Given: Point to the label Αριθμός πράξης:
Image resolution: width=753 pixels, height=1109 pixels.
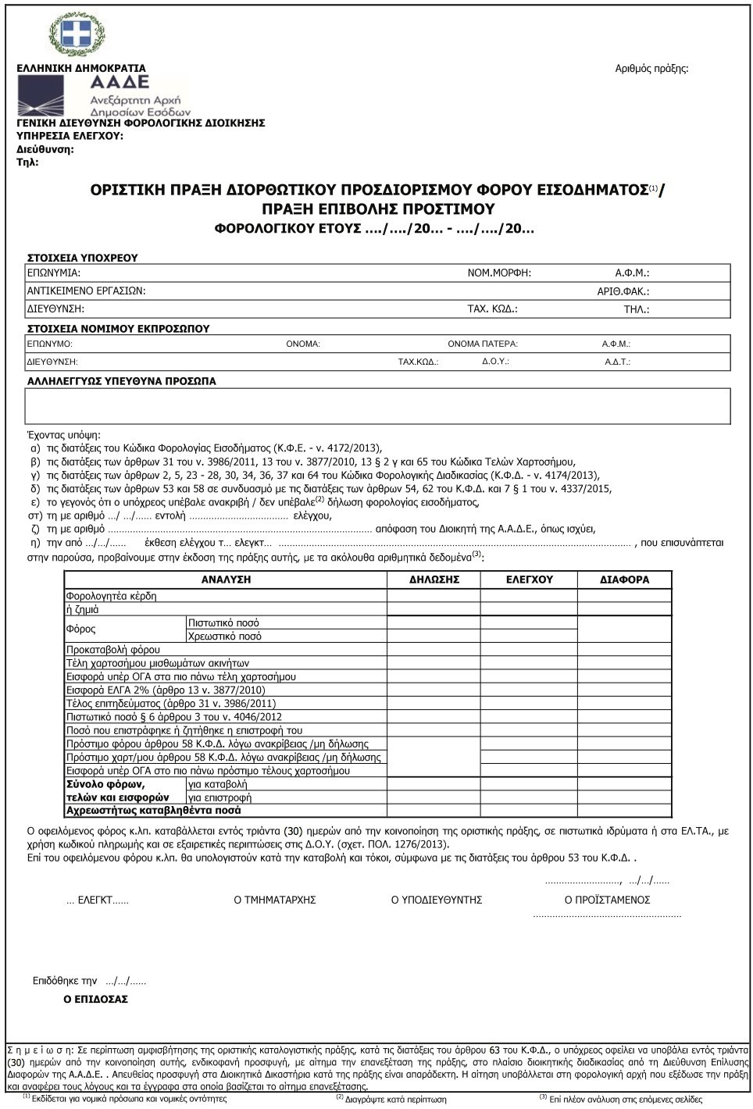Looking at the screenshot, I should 651,69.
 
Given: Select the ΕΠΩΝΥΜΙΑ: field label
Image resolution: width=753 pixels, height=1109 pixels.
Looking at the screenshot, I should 54,273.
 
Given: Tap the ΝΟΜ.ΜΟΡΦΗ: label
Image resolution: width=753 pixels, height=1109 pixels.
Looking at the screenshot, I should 499,273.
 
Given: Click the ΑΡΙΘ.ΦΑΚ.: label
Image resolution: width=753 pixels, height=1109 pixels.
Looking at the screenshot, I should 623,291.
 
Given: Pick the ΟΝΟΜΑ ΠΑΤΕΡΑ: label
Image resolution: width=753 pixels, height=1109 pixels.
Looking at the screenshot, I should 483,344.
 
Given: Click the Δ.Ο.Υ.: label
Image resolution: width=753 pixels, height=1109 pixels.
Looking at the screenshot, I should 495,361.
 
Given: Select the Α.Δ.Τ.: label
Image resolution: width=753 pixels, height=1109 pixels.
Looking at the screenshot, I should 617,362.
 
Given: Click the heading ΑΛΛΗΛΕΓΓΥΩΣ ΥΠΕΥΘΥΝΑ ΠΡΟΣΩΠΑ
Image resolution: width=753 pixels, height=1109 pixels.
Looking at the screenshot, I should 122,382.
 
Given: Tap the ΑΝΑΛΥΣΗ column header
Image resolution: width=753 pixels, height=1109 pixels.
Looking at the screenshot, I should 226,579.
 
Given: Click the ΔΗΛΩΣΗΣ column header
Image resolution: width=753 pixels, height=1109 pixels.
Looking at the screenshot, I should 434,579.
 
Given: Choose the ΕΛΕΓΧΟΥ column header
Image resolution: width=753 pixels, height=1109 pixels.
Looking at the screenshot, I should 529,579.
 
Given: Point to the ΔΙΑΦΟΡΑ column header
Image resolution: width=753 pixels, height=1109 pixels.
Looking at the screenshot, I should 624,579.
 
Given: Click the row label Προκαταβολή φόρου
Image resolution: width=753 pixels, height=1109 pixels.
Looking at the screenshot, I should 113,650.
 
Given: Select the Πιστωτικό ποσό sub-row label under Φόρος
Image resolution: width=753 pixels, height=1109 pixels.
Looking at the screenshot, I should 223,623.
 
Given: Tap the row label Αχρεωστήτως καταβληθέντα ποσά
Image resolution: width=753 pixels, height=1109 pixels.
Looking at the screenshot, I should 154,811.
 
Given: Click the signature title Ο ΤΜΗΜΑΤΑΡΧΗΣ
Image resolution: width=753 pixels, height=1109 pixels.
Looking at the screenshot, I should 275,900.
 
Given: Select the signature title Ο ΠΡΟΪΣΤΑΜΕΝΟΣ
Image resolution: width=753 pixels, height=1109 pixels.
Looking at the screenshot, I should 607,900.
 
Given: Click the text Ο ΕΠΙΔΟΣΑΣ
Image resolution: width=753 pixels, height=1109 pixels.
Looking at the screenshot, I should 95,999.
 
